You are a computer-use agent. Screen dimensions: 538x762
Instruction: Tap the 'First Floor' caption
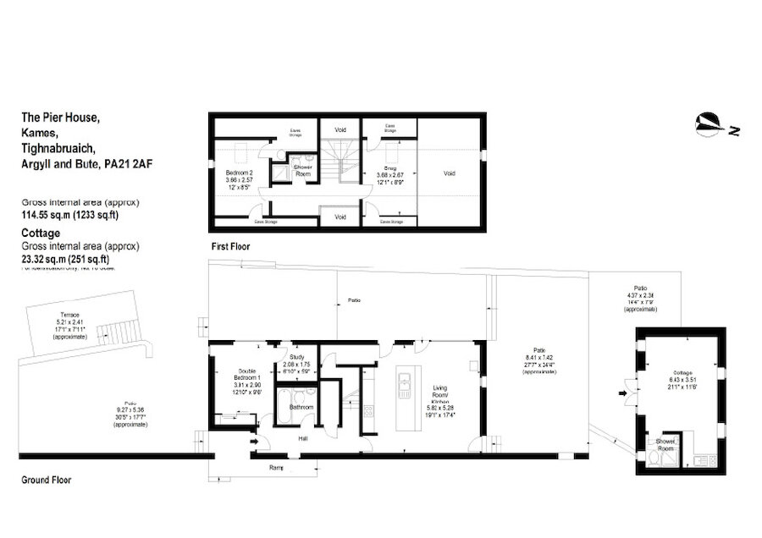pyautogui.click(x=230, y=246)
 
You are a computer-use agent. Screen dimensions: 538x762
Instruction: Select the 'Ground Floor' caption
pyautogui.click(x=46, y=480)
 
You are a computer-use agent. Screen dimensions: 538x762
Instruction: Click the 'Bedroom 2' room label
pyautogui.click(x=227, y=172)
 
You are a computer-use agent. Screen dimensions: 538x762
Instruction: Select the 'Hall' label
pyautogui.click(x=302, y=439)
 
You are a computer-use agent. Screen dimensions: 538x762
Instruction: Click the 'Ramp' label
pyautogui.click(x=276, y=467)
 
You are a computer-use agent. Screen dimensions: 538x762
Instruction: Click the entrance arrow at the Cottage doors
pyautogui.click(x=623, y=393)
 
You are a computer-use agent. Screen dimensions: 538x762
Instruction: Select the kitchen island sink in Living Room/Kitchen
pyautogui.click(x=402, y=388)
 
